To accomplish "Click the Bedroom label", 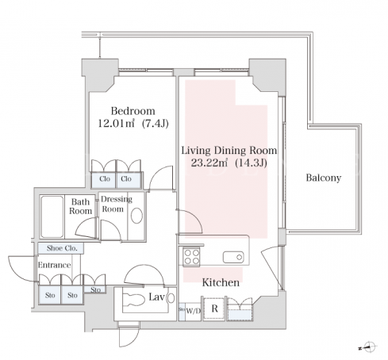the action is click(133, 111).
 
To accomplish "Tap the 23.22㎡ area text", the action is click(209, 163).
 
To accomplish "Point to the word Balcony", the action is click(324, 178).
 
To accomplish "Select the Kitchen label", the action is click(221, 282).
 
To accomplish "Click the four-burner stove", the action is click(191, 257).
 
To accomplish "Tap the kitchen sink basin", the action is click(233, 257).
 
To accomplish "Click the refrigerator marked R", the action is click(214, 308).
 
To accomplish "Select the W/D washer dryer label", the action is click(194, 311).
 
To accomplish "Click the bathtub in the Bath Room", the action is click(52, 216).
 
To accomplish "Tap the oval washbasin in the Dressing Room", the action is click(136, 216).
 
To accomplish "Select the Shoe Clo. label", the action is click(62, 248).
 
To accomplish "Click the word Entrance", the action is click(54, 265).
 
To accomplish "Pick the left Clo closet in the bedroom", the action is click(104, 180).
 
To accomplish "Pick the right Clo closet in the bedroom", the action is click(129, 180).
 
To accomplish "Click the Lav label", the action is click(156, 297).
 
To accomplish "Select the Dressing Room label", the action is click(117, 204).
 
